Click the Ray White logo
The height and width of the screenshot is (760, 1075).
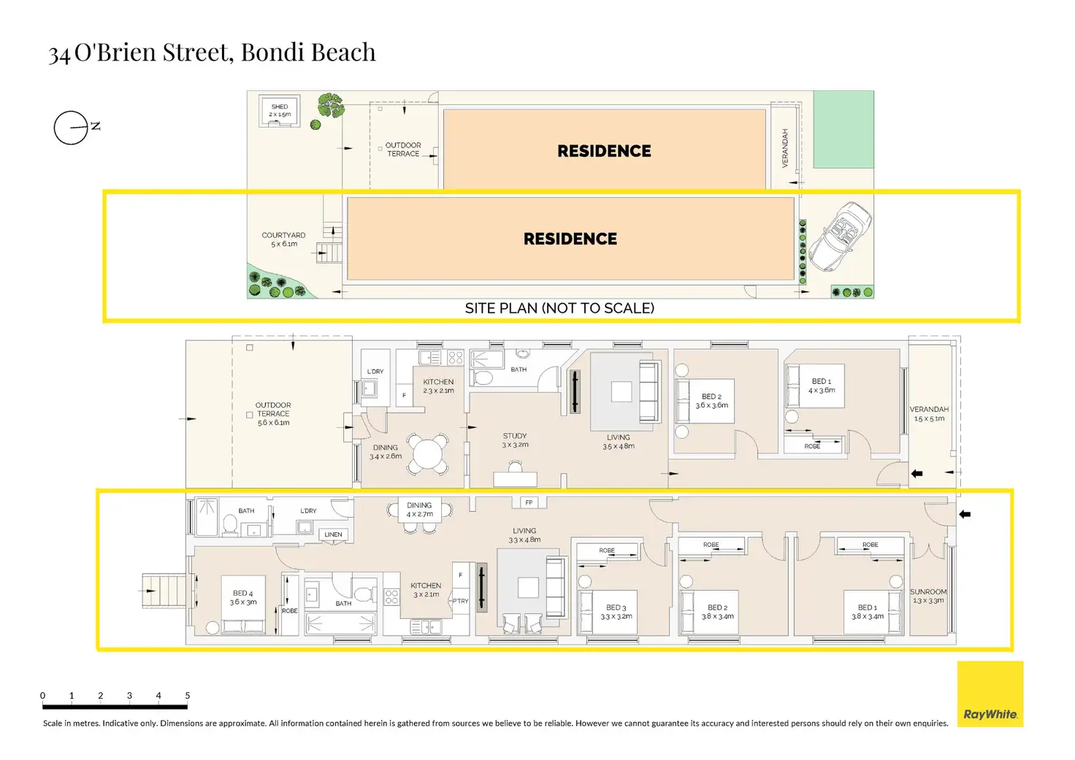tap(990, 694)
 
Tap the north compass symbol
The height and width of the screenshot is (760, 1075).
tap(72, 128)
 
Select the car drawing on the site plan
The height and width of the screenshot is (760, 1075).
tap(839, 237)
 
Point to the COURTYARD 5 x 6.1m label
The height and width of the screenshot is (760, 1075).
tap(283, 239)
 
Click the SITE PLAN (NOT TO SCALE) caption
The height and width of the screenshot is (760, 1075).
tap(559, 308)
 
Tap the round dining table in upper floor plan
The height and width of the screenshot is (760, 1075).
tap(428, 454)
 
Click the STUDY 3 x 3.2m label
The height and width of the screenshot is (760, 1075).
tap(515, 440)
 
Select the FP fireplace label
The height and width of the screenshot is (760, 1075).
tap(529, 502)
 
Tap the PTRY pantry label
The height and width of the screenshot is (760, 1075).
tap(460, 602)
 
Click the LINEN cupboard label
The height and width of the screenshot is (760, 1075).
tap(333, 534)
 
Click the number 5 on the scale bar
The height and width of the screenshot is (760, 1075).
tap(188, 696)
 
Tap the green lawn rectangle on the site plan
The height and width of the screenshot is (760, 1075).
tap(843, 129)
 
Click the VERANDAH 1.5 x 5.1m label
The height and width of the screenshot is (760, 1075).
tap(929, 414)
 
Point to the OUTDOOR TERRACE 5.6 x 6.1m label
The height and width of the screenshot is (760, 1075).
tap(273, 414)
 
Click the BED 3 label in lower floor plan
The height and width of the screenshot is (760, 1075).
tap(616, 612)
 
